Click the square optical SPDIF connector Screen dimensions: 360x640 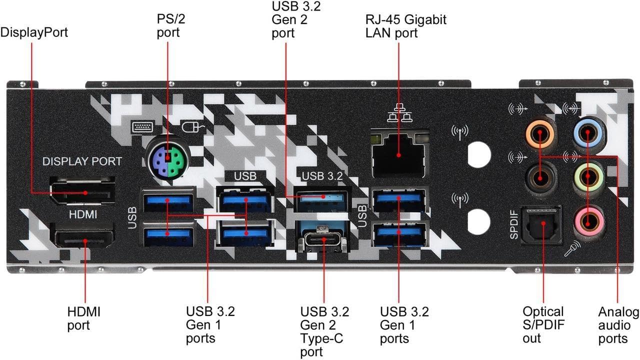(x=541, y=225)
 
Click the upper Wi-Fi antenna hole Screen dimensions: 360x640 (x=479, y=153)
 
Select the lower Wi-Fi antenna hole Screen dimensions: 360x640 (x=479, y=220)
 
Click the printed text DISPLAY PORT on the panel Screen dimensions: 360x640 (x=82, y=161)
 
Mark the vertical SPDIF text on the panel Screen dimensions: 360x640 (x=514, y=225)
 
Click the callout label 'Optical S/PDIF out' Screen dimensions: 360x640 (x=543, y=324)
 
